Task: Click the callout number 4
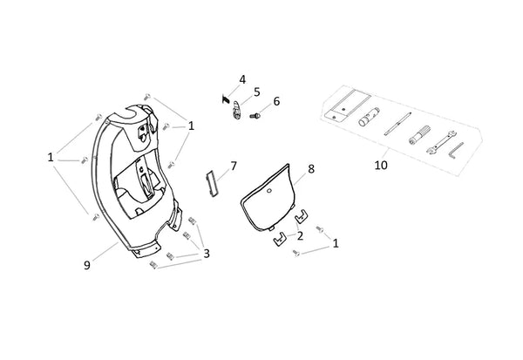point(242,79)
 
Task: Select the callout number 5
point(256,92)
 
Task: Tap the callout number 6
point(276,101)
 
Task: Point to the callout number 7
point(234,166)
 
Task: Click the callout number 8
point(311,169)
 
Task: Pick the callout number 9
point(86,265)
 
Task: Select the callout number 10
point(381,165)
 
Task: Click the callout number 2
point(300,236)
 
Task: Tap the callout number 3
point(207,254)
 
